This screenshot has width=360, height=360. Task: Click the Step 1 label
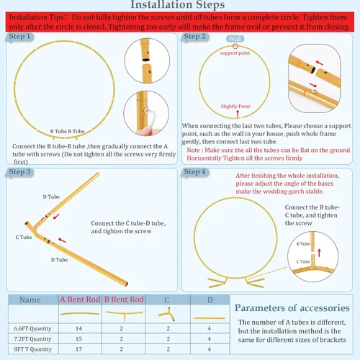tap(19, 37)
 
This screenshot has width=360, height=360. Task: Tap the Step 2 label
tap(194, 37)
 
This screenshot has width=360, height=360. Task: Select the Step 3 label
tap(19, 172)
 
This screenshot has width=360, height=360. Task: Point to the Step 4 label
tap(194, 172)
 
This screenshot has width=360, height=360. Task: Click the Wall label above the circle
tap(235, 39)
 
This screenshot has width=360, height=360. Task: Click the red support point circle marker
tap(235, 46)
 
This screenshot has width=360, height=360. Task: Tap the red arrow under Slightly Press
tap(238, 114)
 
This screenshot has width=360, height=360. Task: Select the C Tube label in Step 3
tap(24, 237)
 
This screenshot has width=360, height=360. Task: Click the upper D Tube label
tap(51, 197)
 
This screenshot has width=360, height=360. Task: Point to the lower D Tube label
tap(59, 260)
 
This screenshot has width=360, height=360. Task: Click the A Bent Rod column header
tap(80, 300)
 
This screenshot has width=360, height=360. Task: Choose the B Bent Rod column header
tap(124, 300)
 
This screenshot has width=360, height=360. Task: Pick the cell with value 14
tap(78, 328)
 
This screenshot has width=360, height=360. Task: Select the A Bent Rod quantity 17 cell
tap(78, 349)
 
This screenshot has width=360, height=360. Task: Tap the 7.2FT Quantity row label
tap(32, 339)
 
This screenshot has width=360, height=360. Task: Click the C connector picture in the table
tap(167, 314)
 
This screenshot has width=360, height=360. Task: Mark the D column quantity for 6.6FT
tap(210, 328)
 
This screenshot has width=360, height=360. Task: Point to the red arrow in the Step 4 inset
tap(319, 253)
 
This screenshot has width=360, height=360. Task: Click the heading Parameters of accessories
tap(292, 308)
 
